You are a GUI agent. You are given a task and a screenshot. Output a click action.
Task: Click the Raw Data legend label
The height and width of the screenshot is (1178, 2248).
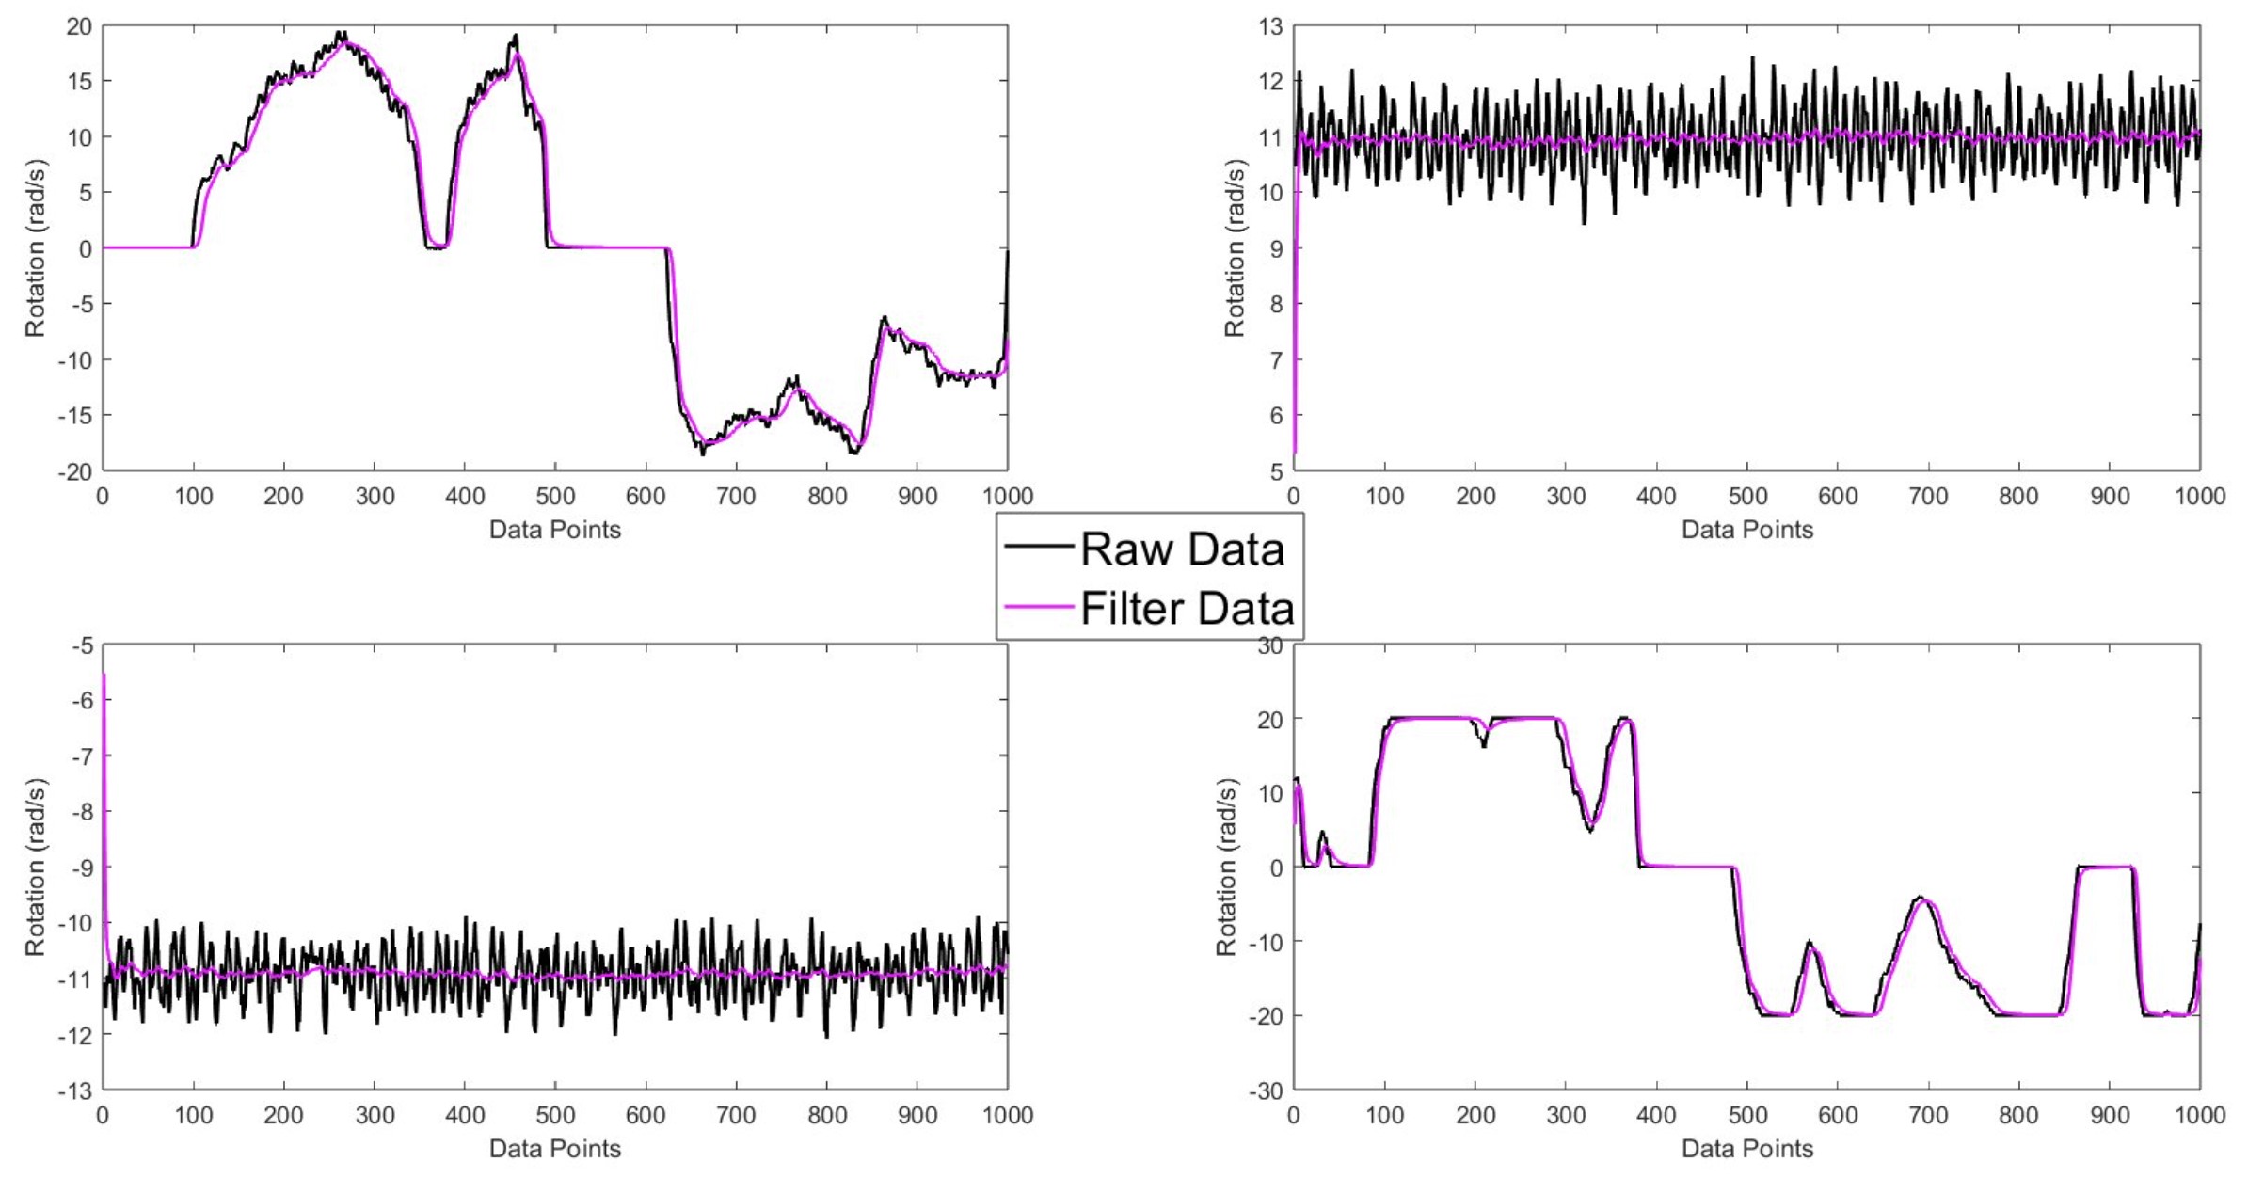pos(1182,549)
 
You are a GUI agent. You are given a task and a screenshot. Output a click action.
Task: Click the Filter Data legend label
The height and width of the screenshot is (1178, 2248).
pos(1188,609)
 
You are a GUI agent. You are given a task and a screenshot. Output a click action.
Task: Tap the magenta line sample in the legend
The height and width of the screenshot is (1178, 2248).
pos(1039,607)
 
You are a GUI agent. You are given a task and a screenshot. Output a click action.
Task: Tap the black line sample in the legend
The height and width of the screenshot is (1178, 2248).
pos(1039,547)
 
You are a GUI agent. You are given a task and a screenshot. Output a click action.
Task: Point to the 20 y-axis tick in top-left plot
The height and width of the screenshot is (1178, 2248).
pos(79,26)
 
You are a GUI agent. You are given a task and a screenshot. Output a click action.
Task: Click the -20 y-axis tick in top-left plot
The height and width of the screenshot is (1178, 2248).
pos(74,471)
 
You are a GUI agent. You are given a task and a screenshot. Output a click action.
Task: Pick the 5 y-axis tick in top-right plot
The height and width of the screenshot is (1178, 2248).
pos(1276,471)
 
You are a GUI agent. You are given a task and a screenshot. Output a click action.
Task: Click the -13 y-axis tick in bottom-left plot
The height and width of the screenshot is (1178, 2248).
pos(74,1091)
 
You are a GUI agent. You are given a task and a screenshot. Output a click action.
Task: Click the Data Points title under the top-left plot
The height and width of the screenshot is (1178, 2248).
pos(554,530)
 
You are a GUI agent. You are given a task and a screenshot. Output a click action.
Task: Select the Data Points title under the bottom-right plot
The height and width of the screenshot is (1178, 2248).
pos(1746,1149)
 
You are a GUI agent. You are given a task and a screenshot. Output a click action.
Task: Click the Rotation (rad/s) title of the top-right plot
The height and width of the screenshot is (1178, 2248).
pos(1234,248)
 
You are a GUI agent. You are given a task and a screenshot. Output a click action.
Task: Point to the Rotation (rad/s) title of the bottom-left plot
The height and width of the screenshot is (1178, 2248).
pos(35,868)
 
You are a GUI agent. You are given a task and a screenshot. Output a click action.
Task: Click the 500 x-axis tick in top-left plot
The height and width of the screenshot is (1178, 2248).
pos(555,496)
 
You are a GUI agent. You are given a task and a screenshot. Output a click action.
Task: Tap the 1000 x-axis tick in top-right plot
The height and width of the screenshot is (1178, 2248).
pos(2199,496)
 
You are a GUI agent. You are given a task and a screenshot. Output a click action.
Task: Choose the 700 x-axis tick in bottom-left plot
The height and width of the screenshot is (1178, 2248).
pos(736,1116)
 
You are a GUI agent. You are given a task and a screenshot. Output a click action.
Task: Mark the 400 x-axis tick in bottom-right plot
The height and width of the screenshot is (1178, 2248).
pos(1656,1116)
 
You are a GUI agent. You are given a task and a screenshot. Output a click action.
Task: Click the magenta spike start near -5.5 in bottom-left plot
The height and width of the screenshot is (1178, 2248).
pos(104,676)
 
